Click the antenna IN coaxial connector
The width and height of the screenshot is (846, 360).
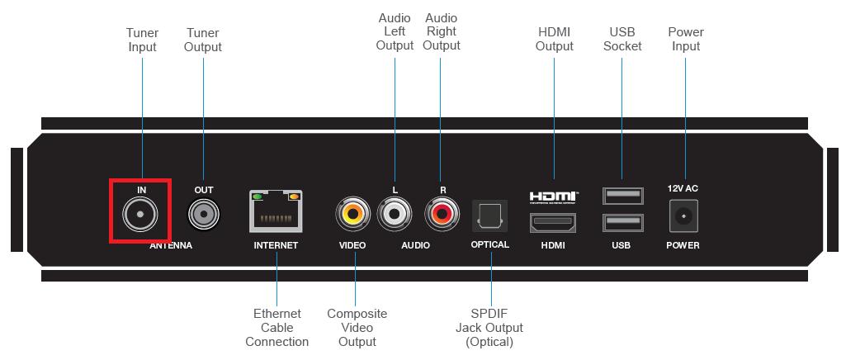coord(139,215)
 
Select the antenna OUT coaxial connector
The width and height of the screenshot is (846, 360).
coord(203,215)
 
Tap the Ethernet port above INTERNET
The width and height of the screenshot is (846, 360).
coord(276,211)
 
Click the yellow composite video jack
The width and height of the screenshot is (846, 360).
coord(353,216)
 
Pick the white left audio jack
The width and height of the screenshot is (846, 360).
coord(395,216)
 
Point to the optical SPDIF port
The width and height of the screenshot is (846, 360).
coord(490,216)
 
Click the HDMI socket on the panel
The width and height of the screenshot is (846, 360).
coord(552,222)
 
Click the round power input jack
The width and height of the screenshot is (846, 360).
coord(683,216)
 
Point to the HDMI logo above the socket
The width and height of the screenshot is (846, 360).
coord(553,197)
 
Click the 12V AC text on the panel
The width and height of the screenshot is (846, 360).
coord(683,189)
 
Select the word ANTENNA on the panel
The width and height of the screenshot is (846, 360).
coord(171,245)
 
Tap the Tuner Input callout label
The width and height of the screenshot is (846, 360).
coord(143,40)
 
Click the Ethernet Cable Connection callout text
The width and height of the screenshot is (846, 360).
coord(276,328)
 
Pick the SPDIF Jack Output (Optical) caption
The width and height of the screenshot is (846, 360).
coord(490,328)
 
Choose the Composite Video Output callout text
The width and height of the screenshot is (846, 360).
coord(357,328)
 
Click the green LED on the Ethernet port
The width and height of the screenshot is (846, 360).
coord(258,197)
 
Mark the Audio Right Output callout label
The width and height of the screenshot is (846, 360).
coord(441,31)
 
